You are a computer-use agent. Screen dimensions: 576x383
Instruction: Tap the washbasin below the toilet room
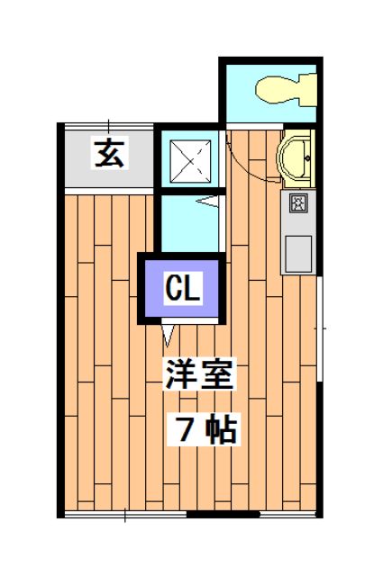pyautogui.click(x=295, y=158)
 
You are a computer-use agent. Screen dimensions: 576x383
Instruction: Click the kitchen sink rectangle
pyautogui.click(x=297, y=252)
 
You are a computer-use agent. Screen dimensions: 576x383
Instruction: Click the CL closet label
pyautogui.click(x=183, y=289)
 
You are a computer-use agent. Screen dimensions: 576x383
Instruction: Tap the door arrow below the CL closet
pyautogui.click(x=169, y=336)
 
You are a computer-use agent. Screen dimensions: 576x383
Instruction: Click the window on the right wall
pyautogui.click(x=319, y=329)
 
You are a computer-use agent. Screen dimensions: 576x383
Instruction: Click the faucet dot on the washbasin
pyautogui.click(x=306, y=158)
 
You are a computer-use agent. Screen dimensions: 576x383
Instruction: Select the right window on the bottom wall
pyautogui.click(x=288, y=514)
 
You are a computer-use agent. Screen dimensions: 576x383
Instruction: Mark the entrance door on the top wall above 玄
pyautogui.click(x=108, y=124)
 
